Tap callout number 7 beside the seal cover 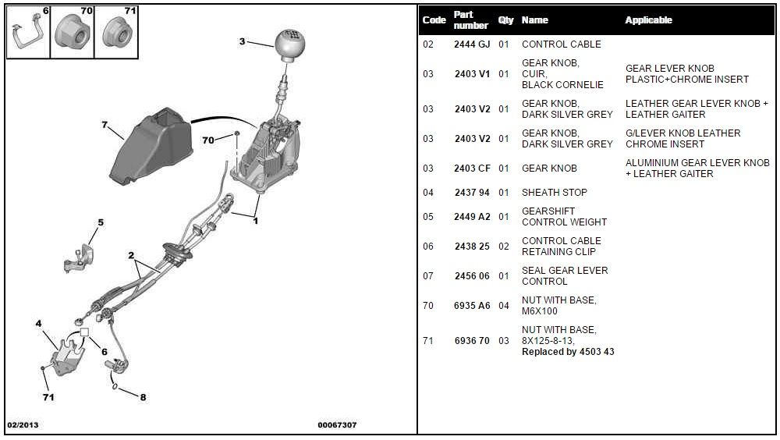click(x=104, y=124)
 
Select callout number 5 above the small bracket click(x=101, y=222)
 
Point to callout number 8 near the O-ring click(x=143, y=397)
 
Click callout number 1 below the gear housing click(x=255, y=221)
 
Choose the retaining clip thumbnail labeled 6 click(x=28, y=33)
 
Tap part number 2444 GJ click(x=472, y=44)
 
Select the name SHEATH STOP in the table click(x=554, y=193)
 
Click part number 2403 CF click(x=472, y=169)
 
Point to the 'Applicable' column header click(x=648, y=20)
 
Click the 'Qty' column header click(x=505, y=20)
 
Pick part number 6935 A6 click(x=472, y=306)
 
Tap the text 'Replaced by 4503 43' click(x=568, y=352)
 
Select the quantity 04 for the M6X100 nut click(x=503, y=306)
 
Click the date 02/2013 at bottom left click(x=23, y=425)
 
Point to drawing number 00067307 click(x=337, y=425)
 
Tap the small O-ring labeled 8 click(x=115, y=385)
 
